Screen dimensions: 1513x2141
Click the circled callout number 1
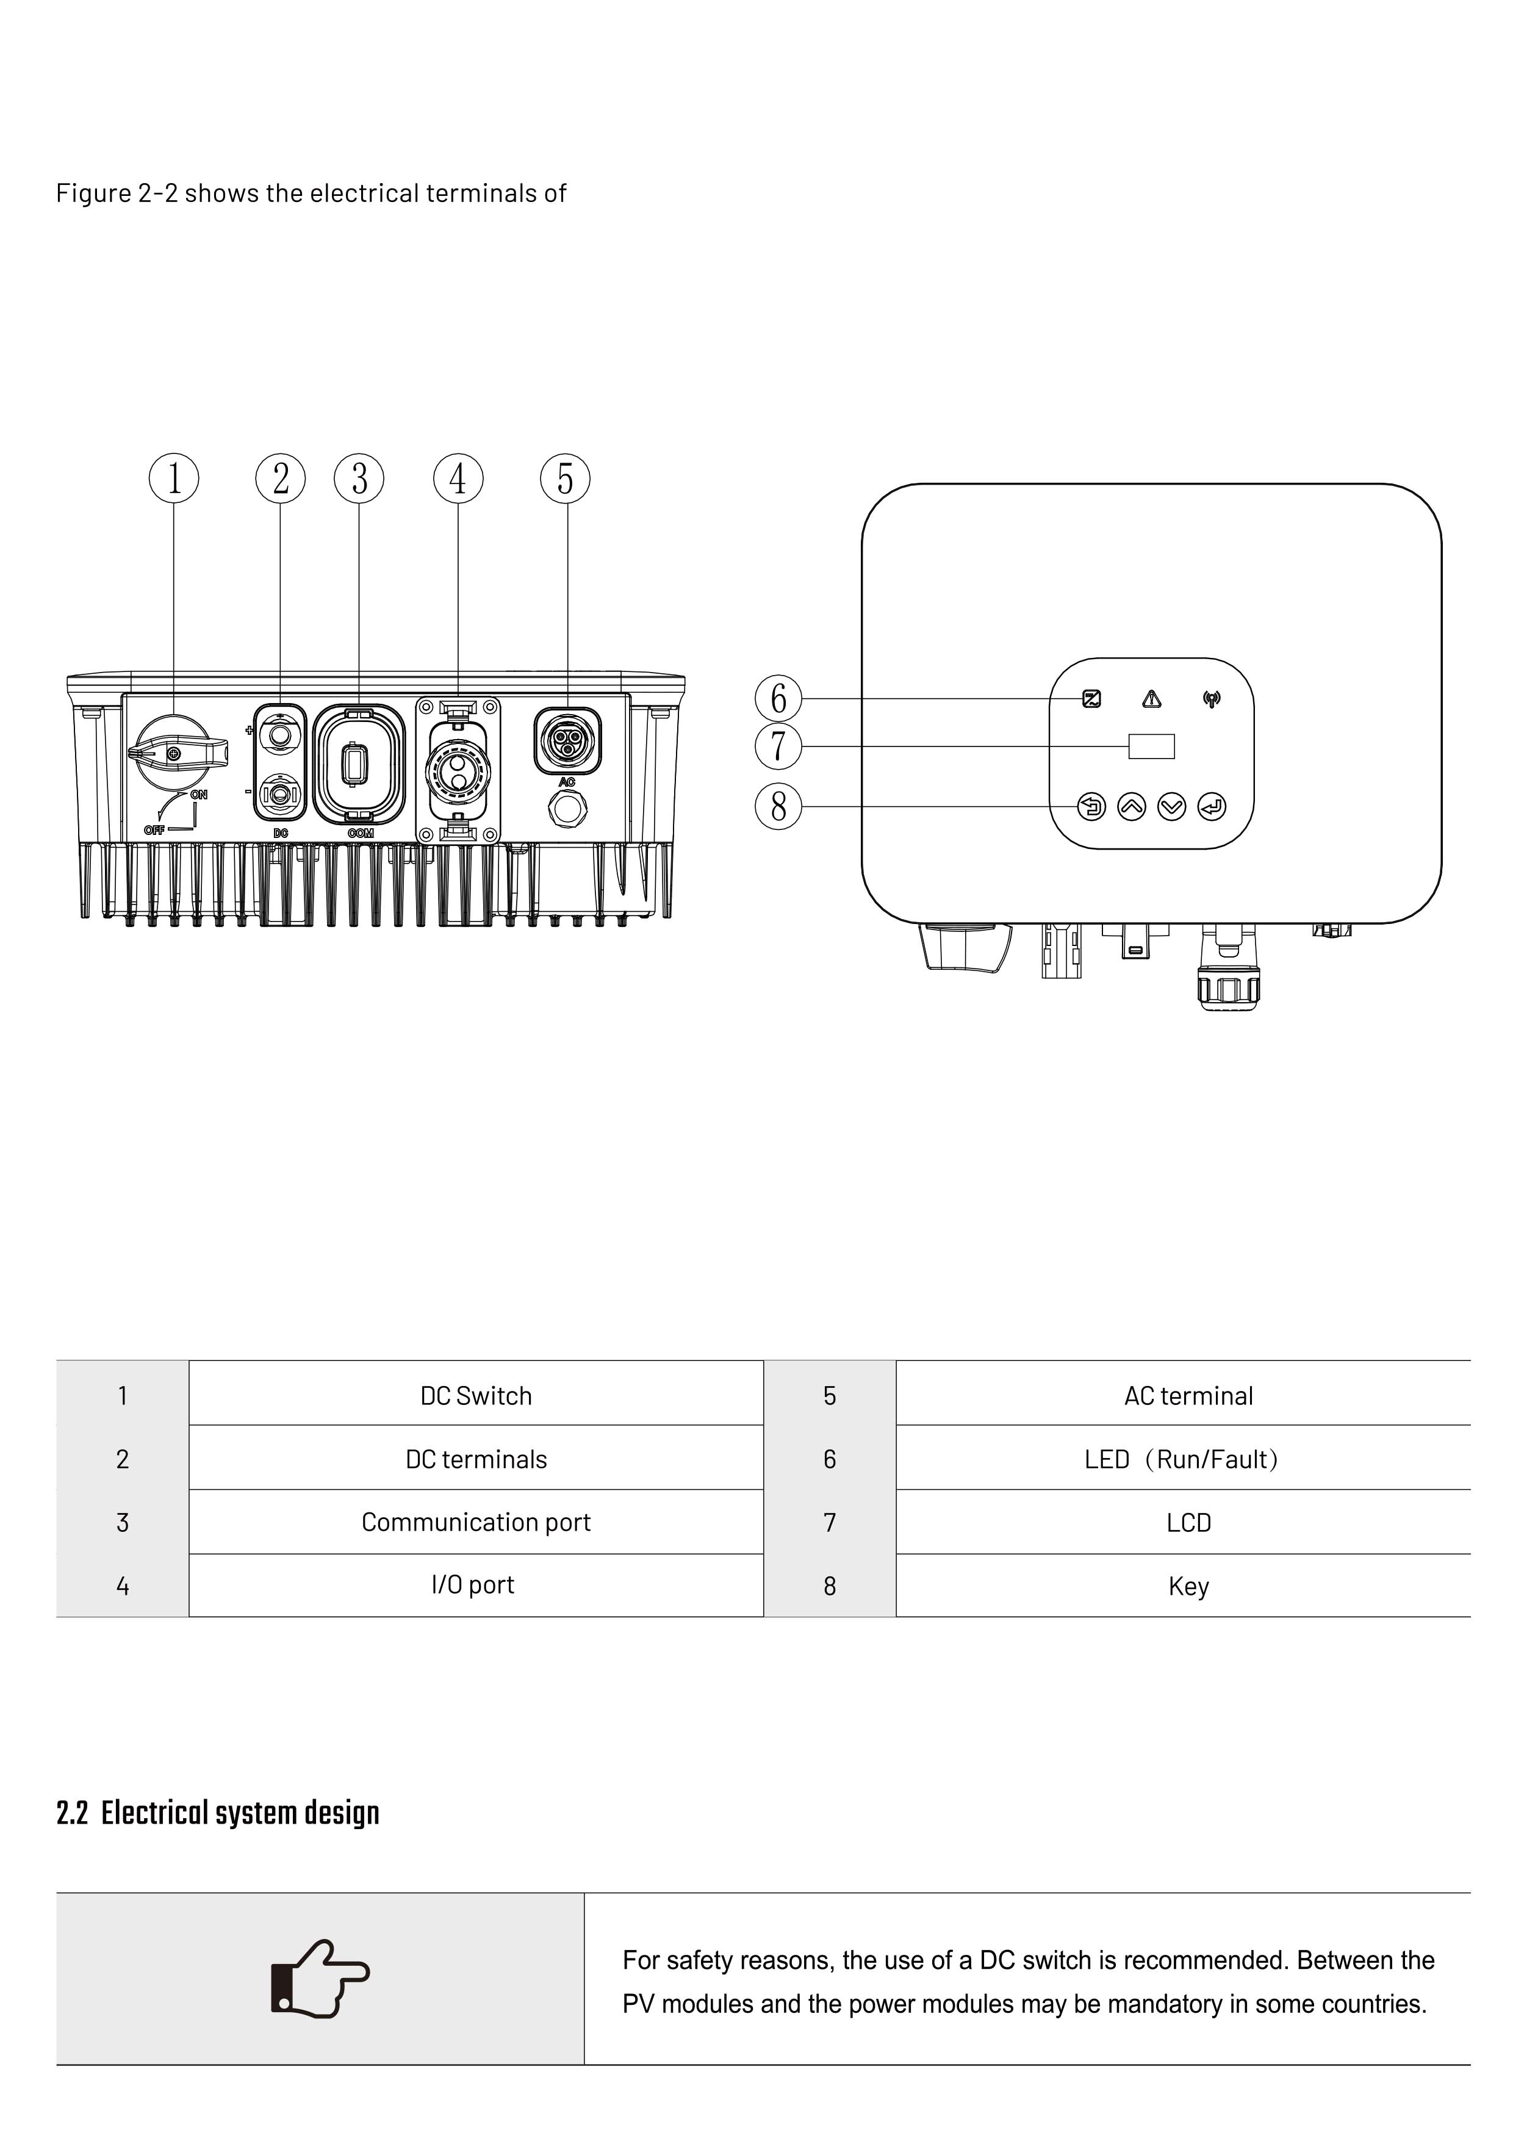[174, 478]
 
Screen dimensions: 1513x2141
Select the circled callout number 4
[458, 478]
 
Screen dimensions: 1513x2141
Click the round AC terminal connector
[567, 740]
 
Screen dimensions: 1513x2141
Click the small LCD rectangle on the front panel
[1151, 746]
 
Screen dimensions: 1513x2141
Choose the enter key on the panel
[1211, 807]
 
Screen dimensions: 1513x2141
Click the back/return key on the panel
[1091, 807]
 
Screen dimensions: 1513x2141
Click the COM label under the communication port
[361, 832]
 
